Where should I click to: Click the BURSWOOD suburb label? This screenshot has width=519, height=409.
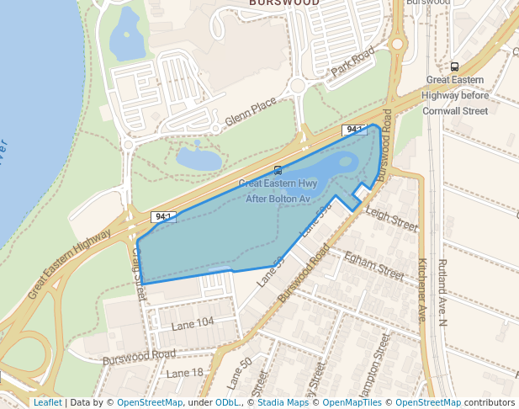point(283,3)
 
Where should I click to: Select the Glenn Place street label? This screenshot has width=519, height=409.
point(250,114)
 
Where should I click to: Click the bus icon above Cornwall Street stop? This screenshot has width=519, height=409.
point(455,66)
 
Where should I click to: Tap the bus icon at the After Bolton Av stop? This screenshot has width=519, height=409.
point(278,170)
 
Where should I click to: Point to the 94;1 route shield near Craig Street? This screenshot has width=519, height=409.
point(162,218)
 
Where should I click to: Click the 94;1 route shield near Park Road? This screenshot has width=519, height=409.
point(353,130)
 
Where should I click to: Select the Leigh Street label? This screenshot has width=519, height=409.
point(391,220)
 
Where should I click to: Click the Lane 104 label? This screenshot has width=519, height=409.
point(193,322)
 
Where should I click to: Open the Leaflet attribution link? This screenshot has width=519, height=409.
point(47,402)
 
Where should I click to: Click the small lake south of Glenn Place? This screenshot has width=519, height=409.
point(199,157)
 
